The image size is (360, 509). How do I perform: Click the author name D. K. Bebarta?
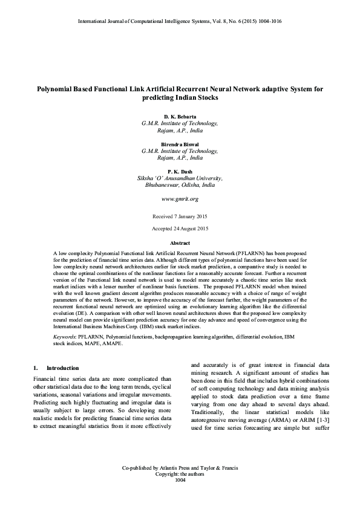tap(180, 115)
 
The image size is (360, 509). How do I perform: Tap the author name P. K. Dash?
tap(180, 172)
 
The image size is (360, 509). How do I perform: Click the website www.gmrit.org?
tap(180, 198)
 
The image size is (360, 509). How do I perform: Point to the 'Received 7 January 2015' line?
tap(180, 216)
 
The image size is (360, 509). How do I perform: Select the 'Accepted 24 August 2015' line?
tap(180, 229)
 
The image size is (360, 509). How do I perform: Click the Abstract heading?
tap(180, 242)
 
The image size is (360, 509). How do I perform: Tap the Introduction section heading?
tap(62, 368)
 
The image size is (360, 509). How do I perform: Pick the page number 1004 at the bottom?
tap(180, 481)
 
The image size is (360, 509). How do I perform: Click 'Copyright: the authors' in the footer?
tap(180, 475)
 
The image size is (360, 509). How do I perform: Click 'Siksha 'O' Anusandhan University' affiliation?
tap(180, 178)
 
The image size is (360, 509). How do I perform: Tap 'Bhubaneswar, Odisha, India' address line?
tap(180, 185)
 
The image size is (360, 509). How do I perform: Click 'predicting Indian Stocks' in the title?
tap(180, 97)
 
